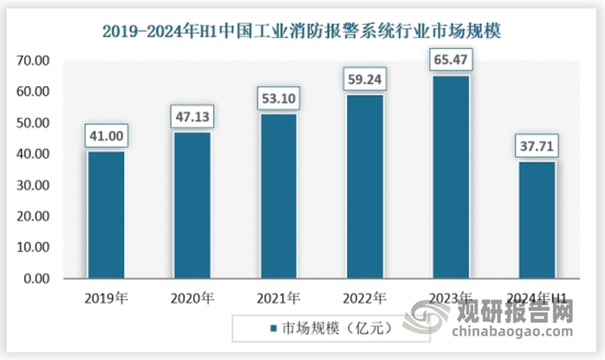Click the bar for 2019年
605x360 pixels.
point(106,215)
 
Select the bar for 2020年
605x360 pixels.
point(192,205)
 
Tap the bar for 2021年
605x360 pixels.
point(278,196)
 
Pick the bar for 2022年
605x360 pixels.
point(363,187)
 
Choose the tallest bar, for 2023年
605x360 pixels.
point(450,177)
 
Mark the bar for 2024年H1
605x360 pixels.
point(536,220)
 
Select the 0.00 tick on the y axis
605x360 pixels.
point(35,279)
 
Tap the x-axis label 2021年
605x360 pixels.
point(278,297)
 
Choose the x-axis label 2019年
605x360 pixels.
point(106,297)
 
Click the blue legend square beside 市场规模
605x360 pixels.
point(272,328)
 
